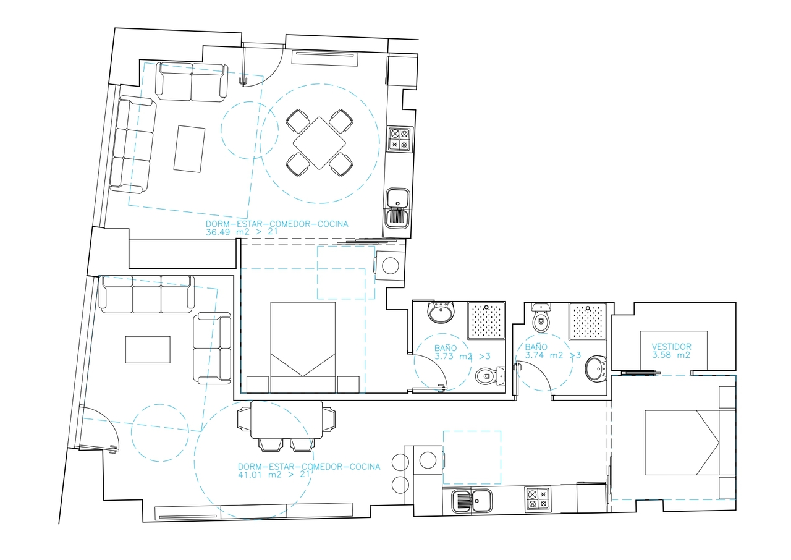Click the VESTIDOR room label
point(671,347)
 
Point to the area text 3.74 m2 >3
point(552,355)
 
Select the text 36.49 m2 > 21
point(241,232)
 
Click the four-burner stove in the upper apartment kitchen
point(399,139)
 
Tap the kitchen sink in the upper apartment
point(398,207)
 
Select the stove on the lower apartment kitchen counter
point(537,499)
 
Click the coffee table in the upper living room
point(189,148)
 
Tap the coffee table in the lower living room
point(148,349)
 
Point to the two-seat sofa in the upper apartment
point(192,82)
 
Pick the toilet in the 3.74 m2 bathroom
point(541,318)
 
